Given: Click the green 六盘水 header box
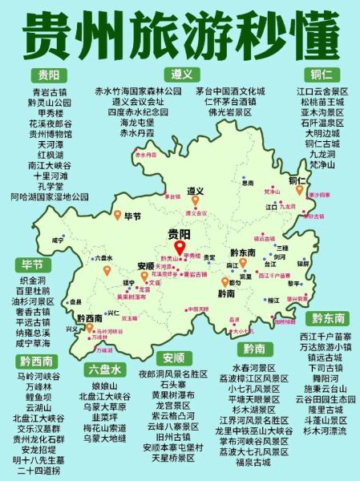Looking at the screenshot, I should (x=104, y=370).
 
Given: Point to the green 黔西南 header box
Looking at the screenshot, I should (x=38, y=361).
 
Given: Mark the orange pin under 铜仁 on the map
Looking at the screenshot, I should (x=299, y=190).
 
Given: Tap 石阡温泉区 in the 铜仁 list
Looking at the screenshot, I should (x=321, y=123).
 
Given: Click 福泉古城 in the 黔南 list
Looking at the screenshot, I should (x=254, y=462).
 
